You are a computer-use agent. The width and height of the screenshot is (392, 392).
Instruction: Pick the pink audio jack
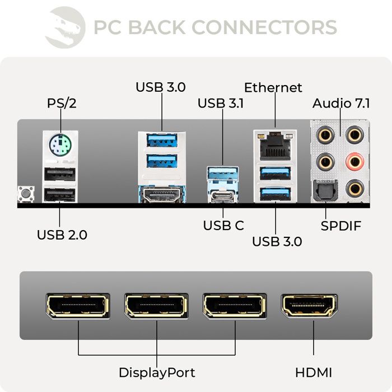point(354,163)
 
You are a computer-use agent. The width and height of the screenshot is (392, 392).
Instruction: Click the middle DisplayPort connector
point(156,306)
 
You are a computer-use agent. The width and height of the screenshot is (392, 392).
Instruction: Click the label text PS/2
point(62,104)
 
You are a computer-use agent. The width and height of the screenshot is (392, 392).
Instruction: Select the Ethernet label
point(273,88)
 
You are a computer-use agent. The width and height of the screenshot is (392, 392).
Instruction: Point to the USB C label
point(223,226)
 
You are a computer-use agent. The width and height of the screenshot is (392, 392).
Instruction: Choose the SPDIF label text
point(341,226)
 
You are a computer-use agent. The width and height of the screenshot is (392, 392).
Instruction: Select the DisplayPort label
point(156,372)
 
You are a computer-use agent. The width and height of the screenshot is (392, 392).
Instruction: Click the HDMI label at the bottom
point(313,372)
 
